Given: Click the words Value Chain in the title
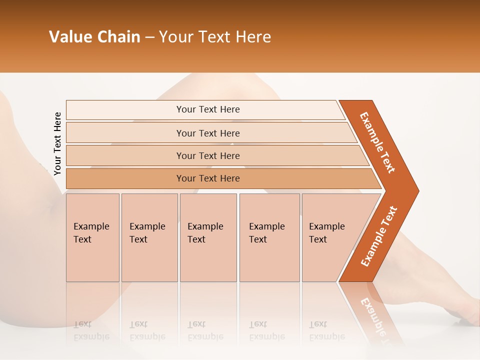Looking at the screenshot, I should coord(94,37).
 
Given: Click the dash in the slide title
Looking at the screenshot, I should coord(149,37).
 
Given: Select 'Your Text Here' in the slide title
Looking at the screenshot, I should coord(215,37).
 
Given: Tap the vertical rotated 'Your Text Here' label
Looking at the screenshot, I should coord(57,144).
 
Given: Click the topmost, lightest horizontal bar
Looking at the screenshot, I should coord(207,109).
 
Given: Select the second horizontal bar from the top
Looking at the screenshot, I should coord(207,133).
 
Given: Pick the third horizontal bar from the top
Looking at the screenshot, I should coord(207,155).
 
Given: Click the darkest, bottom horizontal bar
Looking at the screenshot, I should coord(207,178).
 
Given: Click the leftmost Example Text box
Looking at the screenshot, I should coord(92,237).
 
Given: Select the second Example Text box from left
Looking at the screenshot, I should coord(149,237).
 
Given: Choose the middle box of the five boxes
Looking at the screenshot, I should coord(208,237).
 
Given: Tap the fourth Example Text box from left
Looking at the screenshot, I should coord(269,237).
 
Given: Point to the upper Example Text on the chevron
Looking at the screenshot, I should coord(377,142).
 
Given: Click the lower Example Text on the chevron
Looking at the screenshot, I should coord(379,236).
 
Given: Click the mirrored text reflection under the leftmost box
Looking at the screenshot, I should coord(91,330).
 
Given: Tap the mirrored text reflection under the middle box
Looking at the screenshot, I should coord(205,330).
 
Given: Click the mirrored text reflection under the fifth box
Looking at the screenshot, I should coord(326,330).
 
